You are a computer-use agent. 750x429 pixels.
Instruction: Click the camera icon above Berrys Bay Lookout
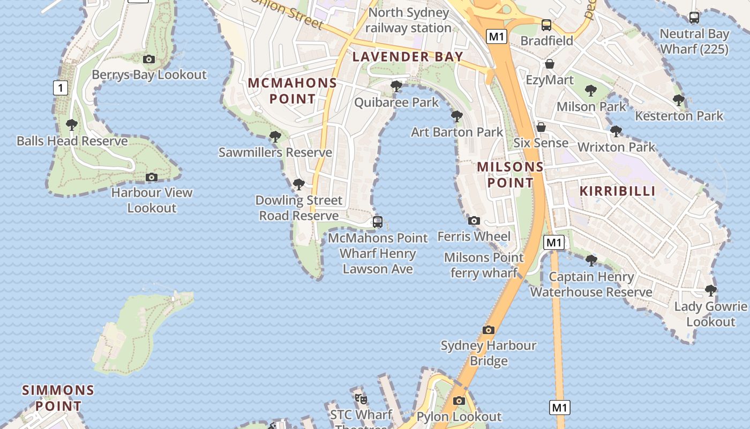(x=149, y=59)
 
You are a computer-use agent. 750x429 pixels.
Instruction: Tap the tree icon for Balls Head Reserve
(x=71, y=125)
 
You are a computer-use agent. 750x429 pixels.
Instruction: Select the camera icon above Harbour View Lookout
(x=152, y=177)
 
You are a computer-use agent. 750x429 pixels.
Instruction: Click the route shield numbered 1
(x=61, y=88)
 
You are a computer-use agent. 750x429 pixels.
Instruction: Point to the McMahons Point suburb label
(x=292, y=91)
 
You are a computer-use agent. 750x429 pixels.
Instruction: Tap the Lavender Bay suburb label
(x=408, y=56)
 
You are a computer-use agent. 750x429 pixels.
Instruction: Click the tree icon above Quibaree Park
(x=396, y=86)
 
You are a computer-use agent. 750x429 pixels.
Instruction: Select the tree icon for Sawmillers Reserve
(x=275, y=137)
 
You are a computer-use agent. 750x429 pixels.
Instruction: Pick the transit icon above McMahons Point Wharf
(x=378, y=221)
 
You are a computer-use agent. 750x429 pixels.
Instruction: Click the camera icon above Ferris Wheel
(x=474, y=220)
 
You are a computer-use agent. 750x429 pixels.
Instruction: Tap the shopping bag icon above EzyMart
(x=550, y=64)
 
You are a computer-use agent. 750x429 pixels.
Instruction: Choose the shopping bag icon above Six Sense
(x=541, y=127)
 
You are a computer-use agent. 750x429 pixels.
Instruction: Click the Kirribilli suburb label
(x=618, y=191)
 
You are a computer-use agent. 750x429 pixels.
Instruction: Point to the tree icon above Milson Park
(x=591, y=91)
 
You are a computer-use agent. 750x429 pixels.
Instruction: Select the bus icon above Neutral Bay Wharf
(x=694, y=18)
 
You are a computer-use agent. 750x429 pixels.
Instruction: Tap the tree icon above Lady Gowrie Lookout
(x=711, y=291)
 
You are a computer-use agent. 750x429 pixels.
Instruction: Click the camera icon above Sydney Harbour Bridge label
(x=488, y=330)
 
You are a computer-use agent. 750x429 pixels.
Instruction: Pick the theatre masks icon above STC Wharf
(x=361, y=398)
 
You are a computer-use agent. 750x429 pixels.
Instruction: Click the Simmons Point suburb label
(x=58, y=397)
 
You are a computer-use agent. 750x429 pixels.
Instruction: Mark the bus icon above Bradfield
(x=546, y=25)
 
